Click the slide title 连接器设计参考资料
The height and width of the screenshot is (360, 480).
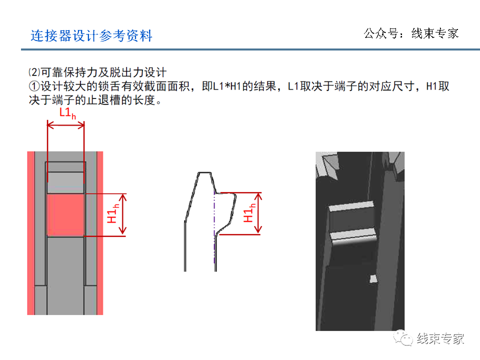pyautogui.click(x=91, y=36)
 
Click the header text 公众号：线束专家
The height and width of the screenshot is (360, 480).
pyautogui.click(x=411, y=33)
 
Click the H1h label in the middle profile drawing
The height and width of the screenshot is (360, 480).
pyautogui.click(x=248, y=213)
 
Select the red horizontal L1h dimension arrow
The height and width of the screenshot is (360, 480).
pyautogui.click(x=65, y=126)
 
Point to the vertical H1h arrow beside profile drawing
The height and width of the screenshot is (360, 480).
pyautogui.click(x=258, y=213)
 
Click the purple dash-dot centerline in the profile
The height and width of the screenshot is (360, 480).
pyautogui.click(x=214, y=225)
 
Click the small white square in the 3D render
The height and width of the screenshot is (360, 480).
pyautogui.click(x=372, y=278)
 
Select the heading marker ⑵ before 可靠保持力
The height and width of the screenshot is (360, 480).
pyautogui.click(x=33, y=72)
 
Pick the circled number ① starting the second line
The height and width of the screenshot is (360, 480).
pyautogui.click(x=34, y=86)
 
